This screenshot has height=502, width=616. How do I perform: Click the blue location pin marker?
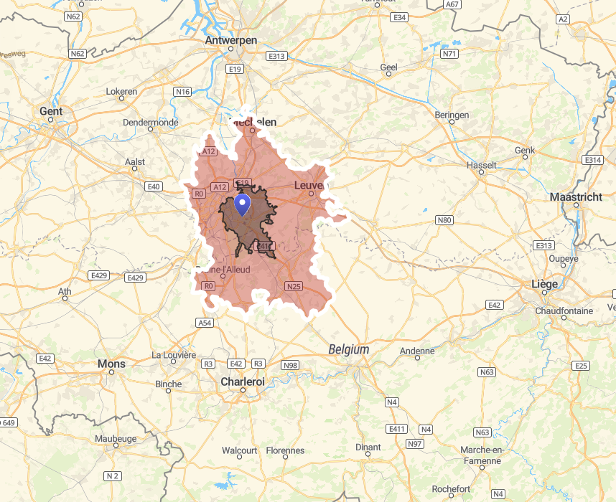[x=243, y=204]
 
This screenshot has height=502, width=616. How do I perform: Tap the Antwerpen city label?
[x=230, y=40]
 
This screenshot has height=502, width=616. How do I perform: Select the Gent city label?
[x=51, y=111]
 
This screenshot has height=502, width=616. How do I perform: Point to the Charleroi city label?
[x=243, y=382]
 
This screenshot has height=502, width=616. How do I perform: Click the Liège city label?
[x=544, y=284]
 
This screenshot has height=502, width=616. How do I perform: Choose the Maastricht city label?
[x=576, y=196]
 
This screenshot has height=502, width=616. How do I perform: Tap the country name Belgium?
[x=349, y=349]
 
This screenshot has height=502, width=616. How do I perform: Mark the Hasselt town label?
[x=481, y=165]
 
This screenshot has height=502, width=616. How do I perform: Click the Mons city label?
[x=111, y=364]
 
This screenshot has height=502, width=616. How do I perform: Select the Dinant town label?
[x=368, y=447]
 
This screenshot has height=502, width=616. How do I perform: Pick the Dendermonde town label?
[x=151, y=122]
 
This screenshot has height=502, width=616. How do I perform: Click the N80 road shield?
[x=444, y=220]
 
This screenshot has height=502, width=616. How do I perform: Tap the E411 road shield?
[x=396, y=429]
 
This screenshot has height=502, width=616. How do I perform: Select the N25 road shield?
[x=293, y=286]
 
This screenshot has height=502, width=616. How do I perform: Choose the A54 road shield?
[x=205, y=323]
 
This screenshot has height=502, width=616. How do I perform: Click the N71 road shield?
[x=449, y=54]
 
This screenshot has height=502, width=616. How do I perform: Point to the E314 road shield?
[x=593, y=160]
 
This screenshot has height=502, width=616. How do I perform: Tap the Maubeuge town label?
[x=115, y=437]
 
